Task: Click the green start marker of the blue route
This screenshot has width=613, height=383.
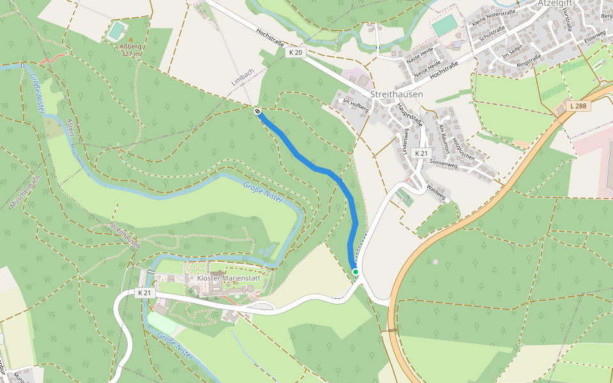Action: pos(356,272)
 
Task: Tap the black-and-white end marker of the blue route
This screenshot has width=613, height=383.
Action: pos(257,112)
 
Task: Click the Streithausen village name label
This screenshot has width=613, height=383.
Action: pos(397,94)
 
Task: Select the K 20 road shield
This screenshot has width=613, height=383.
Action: pos(294,53)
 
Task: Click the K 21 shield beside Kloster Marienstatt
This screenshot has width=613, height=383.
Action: pos(146,292)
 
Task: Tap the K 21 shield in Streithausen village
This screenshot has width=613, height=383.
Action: pos(420,153)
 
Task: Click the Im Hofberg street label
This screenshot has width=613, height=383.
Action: pos(356,105)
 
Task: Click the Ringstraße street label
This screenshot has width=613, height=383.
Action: pos(529,61)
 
